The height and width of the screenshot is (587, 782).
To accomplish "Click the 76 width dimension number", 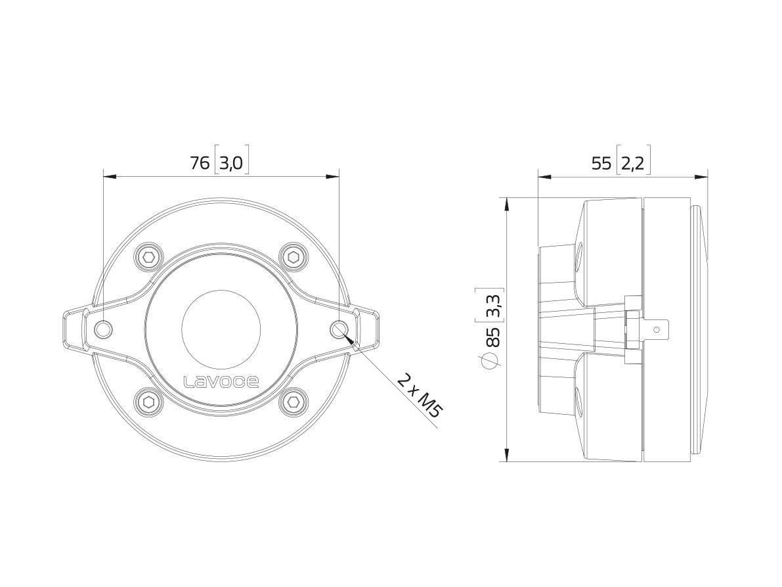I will point(199,162).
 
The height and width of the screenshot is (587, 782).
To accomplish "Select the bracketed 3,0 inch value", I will point(231,162).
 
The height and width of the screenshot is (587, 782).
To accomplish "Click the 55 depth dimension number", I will point(601,163).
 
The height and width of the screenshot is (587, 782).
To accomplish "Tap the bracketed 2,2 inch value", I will point(633,163).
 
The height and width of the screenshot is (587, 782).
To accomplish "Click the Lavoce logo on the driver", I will point(221,381).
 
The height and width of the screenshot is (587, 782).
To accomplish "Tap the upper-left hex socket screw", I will point(148,256).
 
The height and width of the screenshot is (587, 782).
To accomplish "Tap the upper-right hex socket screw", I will point(292,256).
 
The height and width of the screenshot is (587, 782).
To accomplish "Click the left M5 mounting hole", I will point(104,329).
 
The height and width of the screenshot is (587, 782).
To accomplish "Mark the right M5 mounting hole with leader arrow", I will point(338,329).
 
